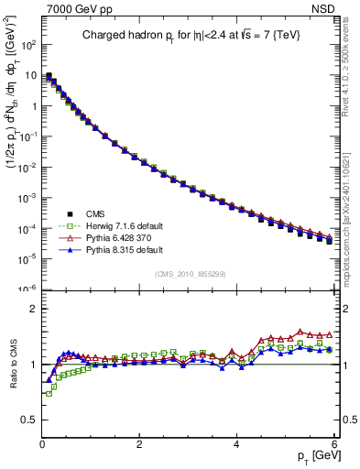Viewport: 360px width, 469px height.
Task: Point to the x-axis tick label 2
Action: coord(138,444)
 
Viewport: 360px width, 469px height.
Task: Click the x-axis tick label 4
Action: coord(236,444)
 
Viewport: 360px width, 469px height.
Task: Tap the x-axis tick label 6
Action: coord(333,444)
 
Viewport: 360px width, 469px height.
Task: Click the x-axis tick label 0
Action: coord(41,444)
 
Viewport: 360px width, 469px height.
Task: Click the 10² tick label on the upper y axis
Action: coord(27,44)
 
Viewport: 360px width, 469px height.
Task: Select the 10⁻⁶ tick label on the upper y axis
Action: coord(27,289)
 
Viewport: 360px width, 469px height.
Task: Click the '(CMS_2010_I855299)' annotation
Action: coord(189,275)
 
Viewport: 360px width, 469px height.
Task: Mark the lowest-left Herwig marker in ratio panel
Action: coord(49,394)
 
